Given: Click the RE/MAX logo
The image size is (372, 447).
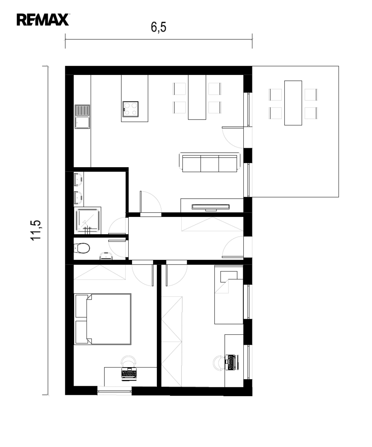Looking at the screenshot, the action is coord(43,20).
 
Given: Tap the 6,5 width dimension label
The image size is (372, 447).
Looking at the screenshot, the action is coord(158,27).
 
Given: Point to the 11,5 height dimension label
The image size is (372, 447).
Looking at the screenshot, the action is coord(36,231).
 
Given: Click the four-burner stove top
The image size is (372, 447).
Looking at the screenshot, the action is coord(131,109).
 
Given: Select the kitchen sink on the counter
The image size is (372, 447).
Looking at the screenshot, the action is coord(82,117).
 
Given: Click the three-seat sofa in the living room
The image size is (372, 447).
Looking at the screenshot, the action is coord(210,163).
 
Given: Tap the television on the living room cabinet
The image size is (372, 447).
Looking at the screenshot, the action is coord(210,207).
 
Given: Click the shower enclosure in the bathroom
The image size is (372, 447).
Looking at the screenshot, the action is coord(87,221).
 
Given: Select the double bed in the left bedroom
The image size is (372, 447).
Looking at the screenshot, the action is coord(103,319).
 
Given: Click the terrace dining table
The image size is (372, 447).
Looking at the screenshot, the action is coord(293,103).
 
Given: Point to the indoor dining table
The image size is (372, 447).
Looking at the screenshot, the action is coord(197,97).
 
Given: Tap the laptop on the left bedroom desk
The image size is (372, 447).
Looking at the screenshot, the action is coord(129,373).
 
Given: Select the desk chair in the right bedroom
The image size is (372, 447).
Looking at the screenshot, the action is coord(218,363).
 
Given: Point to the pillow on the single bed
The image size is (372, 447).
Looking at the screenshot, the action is coord(228,275).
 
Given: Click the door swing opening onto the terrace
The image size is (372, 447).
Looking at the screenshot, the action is coord(233,137).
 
